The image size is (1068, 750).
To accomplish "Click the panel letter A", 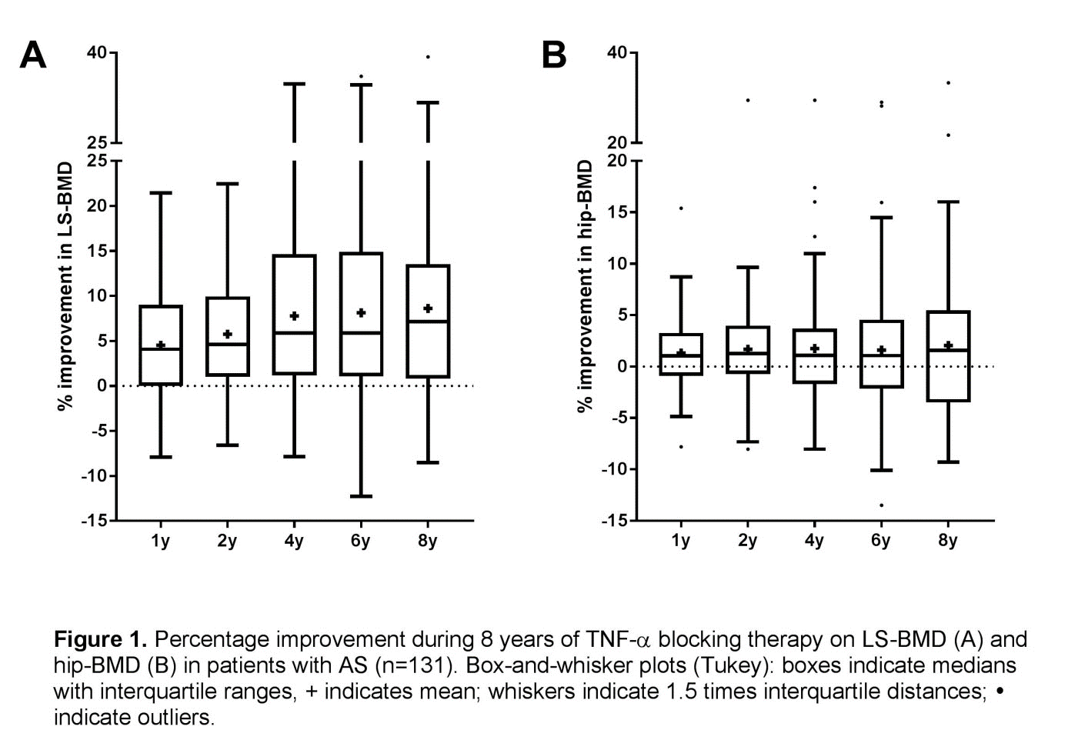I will tap(32, 55).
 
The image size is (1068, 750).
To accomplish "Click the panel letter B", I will tap(554, 55).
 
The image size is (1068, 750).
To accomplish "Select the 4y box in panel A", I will tap(294, 315).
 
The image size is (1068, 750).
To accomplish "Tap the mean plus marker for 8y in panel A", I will tap(428, 308).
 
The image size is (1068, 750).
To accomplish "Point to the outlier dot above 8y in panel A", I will tap(428, 57).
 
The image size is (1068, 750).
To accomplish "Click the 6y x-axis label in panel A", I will tap(360, 542).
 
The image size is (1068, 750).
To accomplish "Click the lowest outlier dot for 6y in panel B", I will tap(881, 505).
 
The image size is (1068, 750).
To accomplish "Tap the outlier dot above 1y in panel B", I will tap(681, 208).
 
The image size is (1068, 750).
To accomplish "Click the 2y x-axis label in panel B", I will tap(747, 542).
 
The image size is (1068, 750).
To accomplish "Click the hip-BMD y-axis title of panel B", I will tap(586, 286).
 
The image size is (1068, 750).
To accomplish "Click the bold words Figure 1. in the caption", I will tap(100, 640).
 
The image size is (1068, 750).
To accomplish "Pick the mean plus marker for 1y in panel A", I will tap(160, 345).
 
